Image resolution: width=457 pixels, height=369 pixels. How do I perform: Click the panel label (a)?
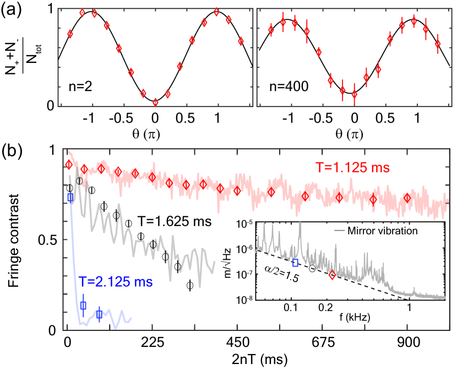point(13,9)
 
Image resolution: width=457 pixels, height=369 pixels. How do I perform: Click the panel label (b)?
point(13,151)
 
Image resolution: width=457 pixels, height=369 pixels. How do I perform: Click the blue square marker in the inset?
point(296,263)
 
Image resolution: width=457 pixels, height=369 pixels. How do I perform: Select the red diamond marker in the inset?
point(332,275)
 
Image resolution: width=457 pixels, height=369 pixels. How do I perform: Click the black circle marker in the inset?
point(312,269)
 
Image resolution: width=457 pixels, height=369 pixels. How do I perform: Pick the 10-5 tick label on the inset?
point(243,224)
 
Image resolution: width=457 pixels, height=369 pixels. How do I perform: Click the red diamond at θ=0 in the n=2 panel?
point(155,102)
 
